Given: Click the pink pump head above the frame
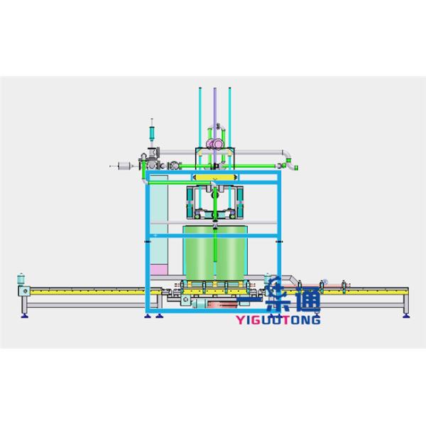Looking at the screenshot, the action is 215,143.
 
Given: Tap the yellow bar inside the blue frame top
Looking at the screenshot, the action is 215,177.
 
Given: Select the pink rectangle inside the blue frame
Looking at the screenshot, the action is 159,270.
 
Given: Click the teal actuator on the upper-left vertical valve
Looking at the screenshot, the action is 152,133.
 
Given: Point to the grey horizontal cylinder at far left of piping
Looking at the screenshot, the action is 125,165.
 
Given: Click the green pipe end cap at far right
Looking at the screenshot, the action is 296,168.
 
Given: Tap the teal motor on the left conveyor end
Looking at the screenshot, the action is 21,279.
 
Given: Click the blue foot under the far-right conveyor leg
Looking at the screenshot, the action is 406,315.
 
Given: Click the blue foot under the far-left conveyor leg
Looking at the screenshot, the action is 24,315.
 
